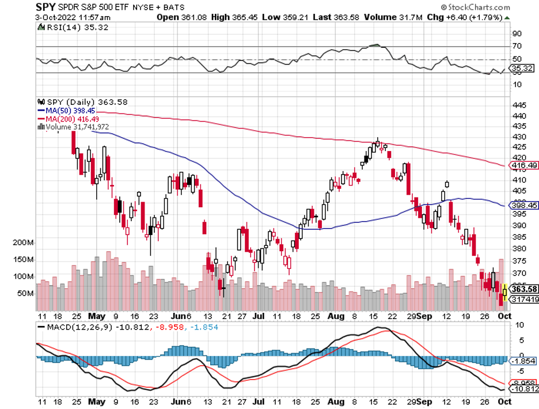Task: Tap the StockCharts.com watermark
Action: [x=476, y=7]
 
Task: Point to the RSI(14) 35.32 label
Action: [x=65, y=26]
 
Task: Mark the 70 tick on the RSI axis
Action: [x=517, y=46]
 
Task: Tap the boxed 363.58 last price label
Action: [x=525, y=289]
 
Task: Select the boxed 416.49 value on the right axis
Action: [x=525, y=166]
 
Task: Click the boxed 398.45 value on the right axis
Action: [x=525, y=204]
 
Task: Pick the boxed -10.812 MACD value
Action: [x=525, y=390]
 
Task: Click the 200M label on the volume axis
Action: [x=22, y=243]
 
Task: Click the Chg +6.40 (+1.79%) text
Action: [x=468, y=17]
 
